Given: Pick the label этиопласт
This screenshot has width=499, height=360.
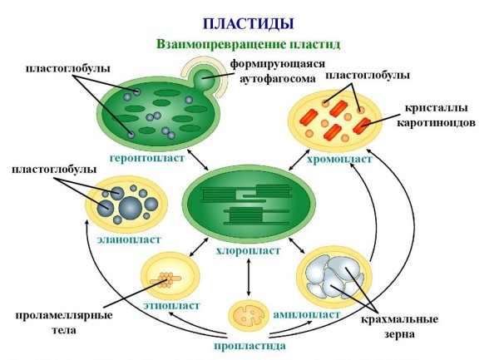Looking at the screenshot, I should (171, 305).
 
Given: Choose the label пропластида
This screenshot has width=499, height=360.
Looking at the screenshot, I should (249, 344).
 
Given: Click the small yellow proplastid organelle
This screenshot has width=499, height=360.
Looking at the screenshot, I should (249, 315).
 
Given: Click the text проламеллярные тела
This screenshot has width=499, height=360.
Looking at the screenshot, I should (55, 323).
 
